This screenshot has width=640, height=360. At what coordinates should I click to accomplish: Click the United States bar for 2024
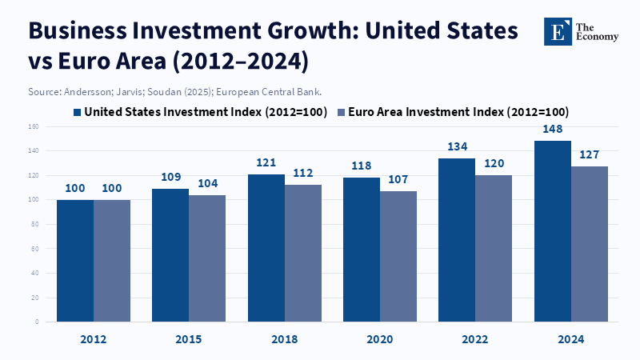tap(552, 232)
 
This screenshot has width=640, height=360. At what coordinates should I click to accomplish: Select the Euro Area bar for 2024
tap(590, 244)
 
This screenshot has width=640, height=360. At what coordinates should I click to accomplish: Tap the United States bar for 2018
tap(266, 248)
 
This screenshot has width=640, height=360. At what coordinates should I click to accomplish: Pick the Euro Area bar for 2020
tap(398, 256)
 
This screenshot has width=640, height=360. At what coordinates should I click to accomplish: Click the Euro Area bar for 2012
tap(112, 261)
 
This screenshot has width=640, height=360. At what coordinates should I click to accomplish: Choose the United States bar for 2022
tap(457, 240)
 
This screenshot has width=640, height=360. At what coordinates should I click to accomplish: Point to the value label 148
tap(553, 129)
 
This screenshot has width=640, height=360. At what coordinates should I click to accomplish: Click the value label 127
tap(590, 154)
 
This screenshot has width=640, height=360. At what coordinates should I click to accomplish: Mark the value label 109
tap(170, 177)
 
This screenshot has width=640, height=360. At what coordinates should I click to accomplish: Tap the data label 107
tap(398, 179)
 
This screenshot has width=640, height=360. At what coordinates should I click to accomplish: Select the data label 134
tap(457, 146)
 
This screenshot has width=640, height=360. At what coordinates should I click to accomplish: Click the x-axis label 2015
tap(189, 339)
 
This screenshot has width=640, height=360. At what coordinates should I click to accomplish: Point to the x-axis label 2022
tap(475, 339)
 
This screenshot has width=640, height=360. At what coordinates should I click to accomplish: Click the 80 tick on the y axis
tap(35, 224)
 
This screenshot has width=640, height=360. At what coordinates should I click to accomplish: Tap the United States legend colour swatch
tap(78, 112)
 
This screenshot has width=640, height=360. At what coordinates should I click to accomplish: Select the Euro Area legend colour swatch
tap(342, 112)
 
